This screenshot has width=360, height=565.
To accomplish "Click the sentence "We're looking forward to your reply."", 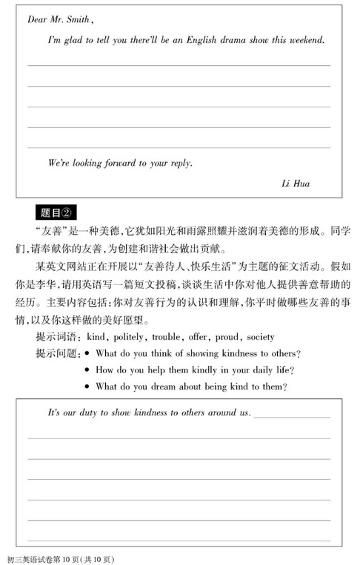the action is coord(109,162).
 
